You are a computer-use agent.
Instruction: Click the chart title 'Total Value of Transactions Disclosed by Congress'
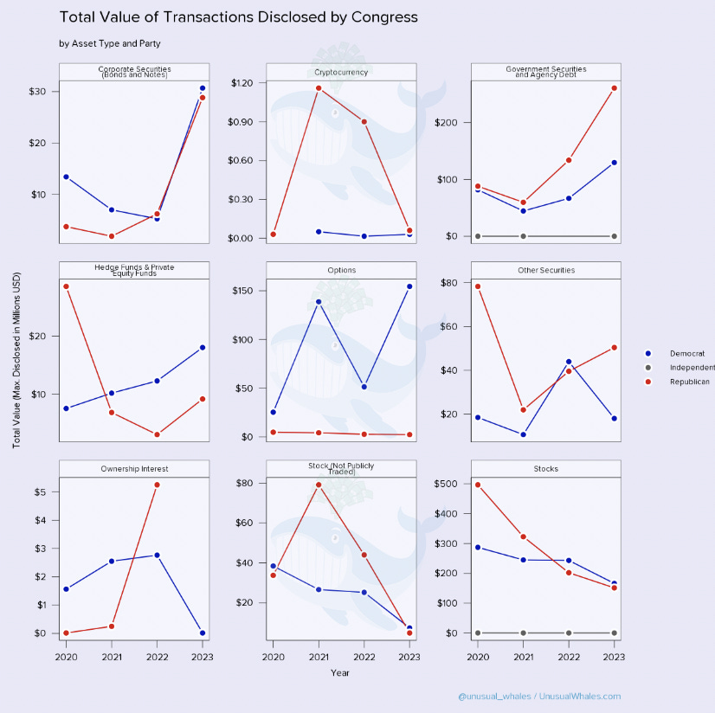point(238,17)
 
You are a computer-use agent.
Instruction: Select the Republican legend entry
point(688,381)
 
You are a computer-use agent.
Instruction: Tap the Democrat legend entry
point(686,353)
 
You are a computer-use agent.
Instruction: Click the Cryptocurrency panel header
point(342,72)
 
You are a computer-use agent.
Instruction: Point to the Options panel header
point(342,270)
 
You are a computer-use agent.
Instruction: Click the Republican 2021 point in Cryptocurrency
point(319,87)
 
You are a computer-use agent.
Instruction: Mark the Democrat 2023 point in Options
point(409,286)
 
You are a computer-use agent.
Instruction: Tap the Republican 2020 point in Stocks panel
point(478,485)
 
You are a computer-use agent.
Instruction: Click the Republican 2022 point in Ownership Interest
point(157,485)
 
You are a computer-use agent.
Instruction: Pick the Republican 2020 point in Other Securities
point(478,286)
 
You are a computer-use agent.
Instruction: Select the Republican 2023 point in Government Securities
point(614,87)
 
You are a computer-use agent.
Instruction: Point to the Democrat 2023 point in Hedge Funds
point(203,347)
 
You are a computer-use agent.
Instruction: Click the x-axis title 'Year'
point(341,672)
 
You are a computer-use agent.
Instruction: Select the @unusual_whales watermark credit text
point(539,696)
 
